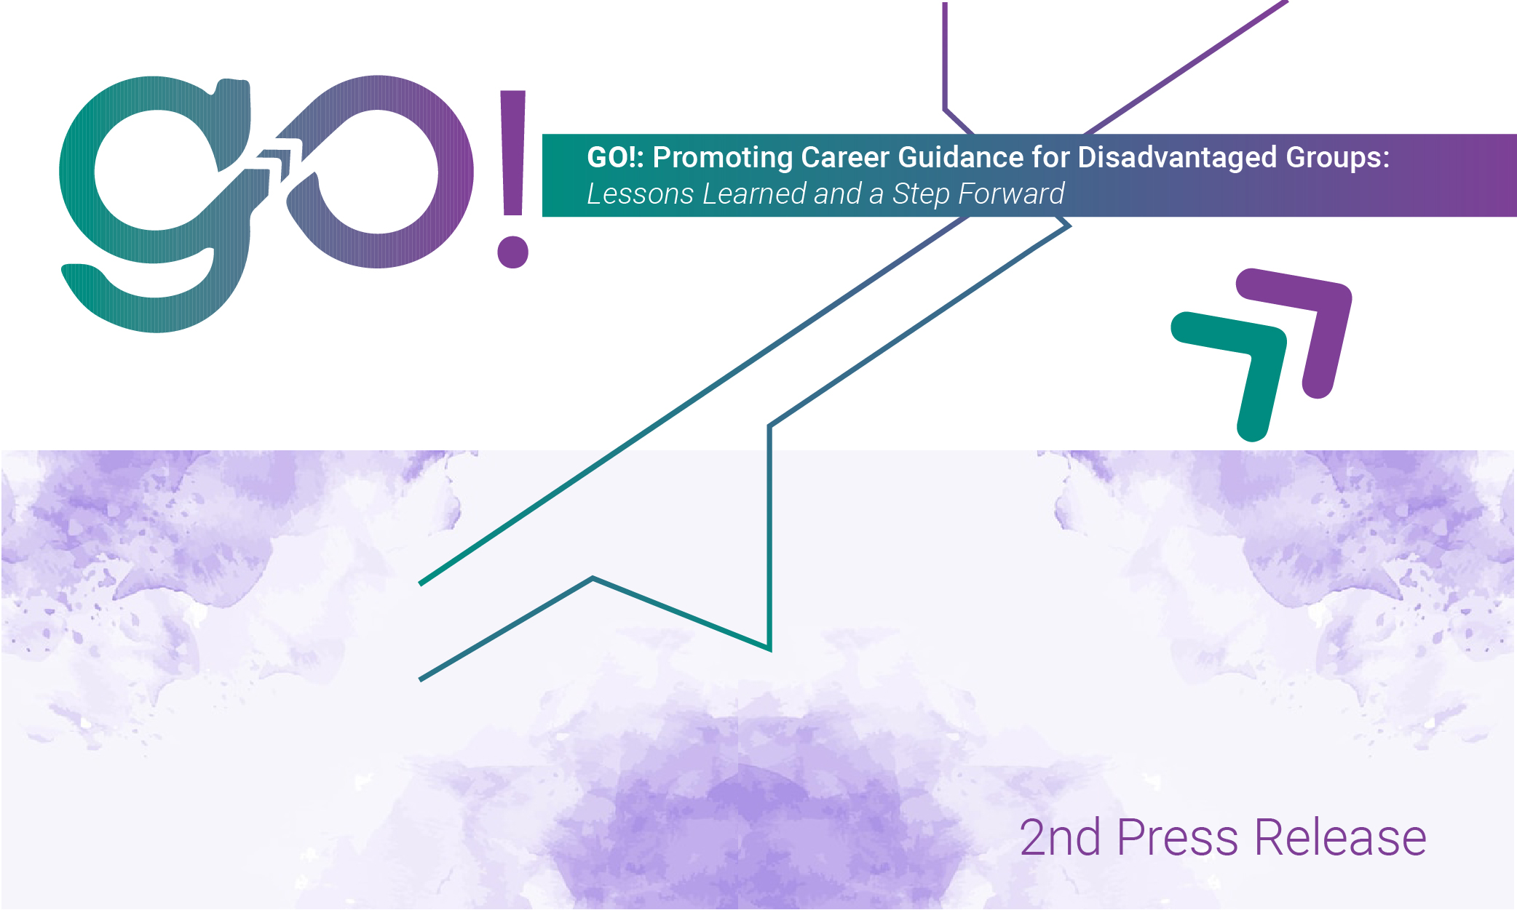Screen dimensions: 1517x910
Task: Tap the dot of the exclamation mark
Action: pos(512,252)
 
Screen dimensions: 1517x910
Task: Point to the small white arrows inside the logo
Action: pos(277,160)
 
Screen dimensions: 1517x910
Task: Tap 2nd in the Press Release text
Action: pos(1060,838)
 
